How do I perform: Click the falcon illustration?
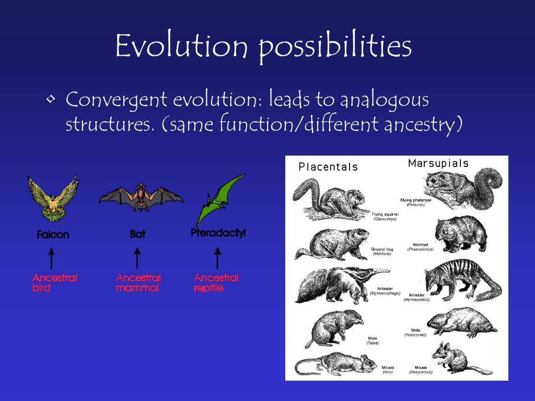click(x=52, y=199)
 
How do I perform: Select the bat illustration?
click(x=141, y=197)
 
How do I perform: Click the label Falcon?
click(x=53, y=235)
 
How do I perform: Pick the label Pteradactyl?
click(x=218, y=233)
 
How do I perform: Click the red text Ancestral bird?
click(x=54, y=282)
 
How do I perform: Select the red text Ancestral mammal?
click(x=138, y=282)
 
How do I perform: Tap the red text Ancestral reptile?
click(x=216, y=282)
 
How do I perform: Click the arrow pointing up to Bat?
click(x=137, y=258)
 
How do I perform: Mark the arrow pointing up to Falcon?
click(x=51, y=258)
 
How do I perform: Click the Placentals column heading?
click(x=328, y=167)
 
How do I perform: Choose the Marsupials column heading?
click(x=438, y=163)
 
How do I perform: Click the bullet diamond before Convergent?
click(x=51, y=99)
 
